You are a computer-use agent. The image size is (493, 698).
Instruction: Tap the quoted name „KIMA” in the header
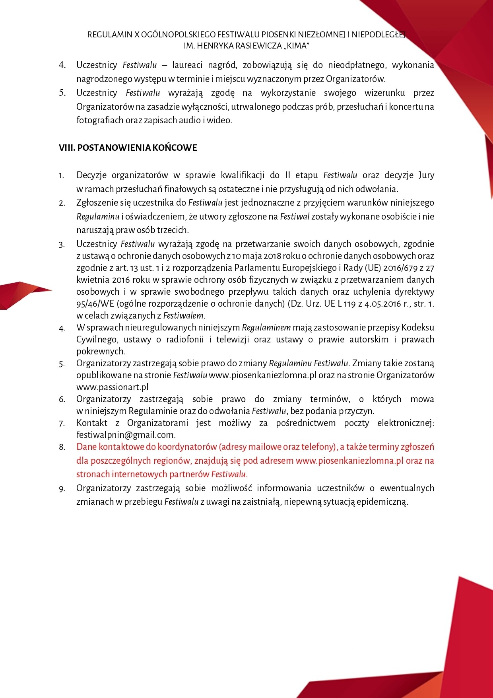click(x=295, y=46)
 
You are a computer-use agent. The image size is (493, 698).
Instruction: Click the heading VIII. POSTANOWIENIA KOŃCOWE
click(x=128, y=148)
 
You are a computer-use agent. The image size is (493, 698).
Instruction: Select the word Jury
click(x=426, y=175)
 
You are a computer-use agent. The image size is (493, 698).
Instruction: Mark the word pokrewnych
click(x=101, y=351)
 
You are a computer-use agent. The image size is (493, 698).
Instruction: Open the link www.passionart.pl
click(x=113, y=387)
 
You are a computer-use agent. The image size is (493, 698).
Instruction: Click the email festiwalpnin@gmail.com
click(x=126, y=435)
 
